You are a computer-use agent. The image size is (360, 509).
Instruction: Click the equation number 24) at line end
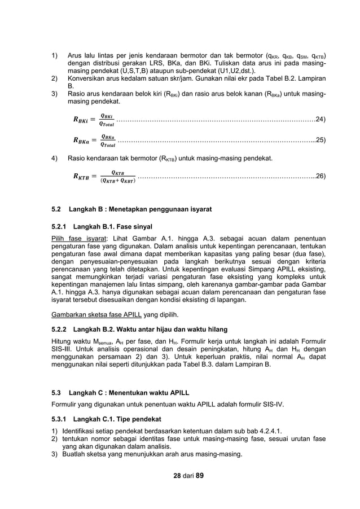tap(320, 120)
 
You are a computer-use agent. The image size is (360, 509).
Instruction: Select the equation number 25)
tap(320, 139)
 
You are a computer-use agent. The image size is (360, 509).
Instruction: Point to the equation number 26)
tap(320, 177)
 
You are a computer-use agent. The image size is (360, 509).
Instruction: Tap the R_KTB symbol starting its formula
tap(81, 177)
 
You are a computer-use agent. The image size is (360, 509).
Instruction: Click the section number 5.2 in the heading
tap(56, 209)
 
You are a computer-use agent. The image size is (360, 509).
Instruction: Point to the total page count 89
tap(199, 475)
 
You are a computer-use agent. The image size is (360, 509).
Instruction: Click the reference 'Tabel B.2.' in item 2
tap(280, 80)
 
